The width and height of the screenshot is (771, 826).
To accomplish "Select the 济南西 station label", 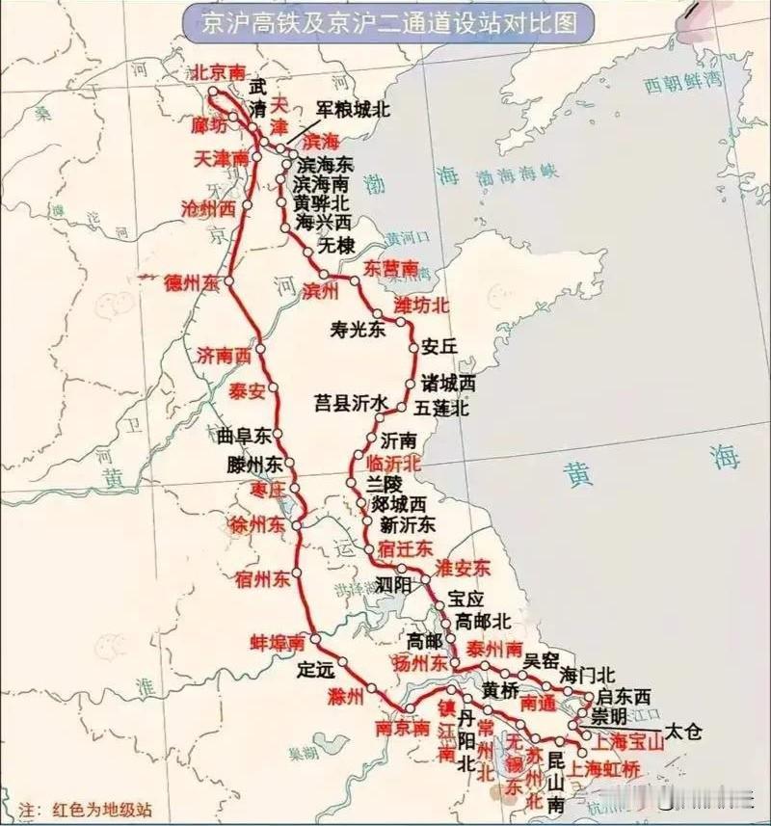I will pos(225,356).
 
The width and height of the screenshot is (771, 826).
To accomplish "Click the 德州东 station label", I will pos(193,281).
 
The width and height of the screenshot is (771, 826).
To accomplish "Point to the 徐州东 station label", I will pos(256,525).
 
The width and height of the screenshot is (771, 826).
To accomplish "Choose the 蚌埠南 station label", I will pos(278,641).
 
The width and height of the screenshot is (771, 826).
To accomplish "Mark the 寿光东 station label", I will pos(358,330).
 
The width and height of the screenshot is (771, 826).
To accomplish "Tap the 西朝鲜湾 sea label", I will pos(683,85).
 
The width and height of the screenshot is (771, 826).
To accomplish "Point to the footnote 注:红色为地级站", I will pos(85,811).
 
